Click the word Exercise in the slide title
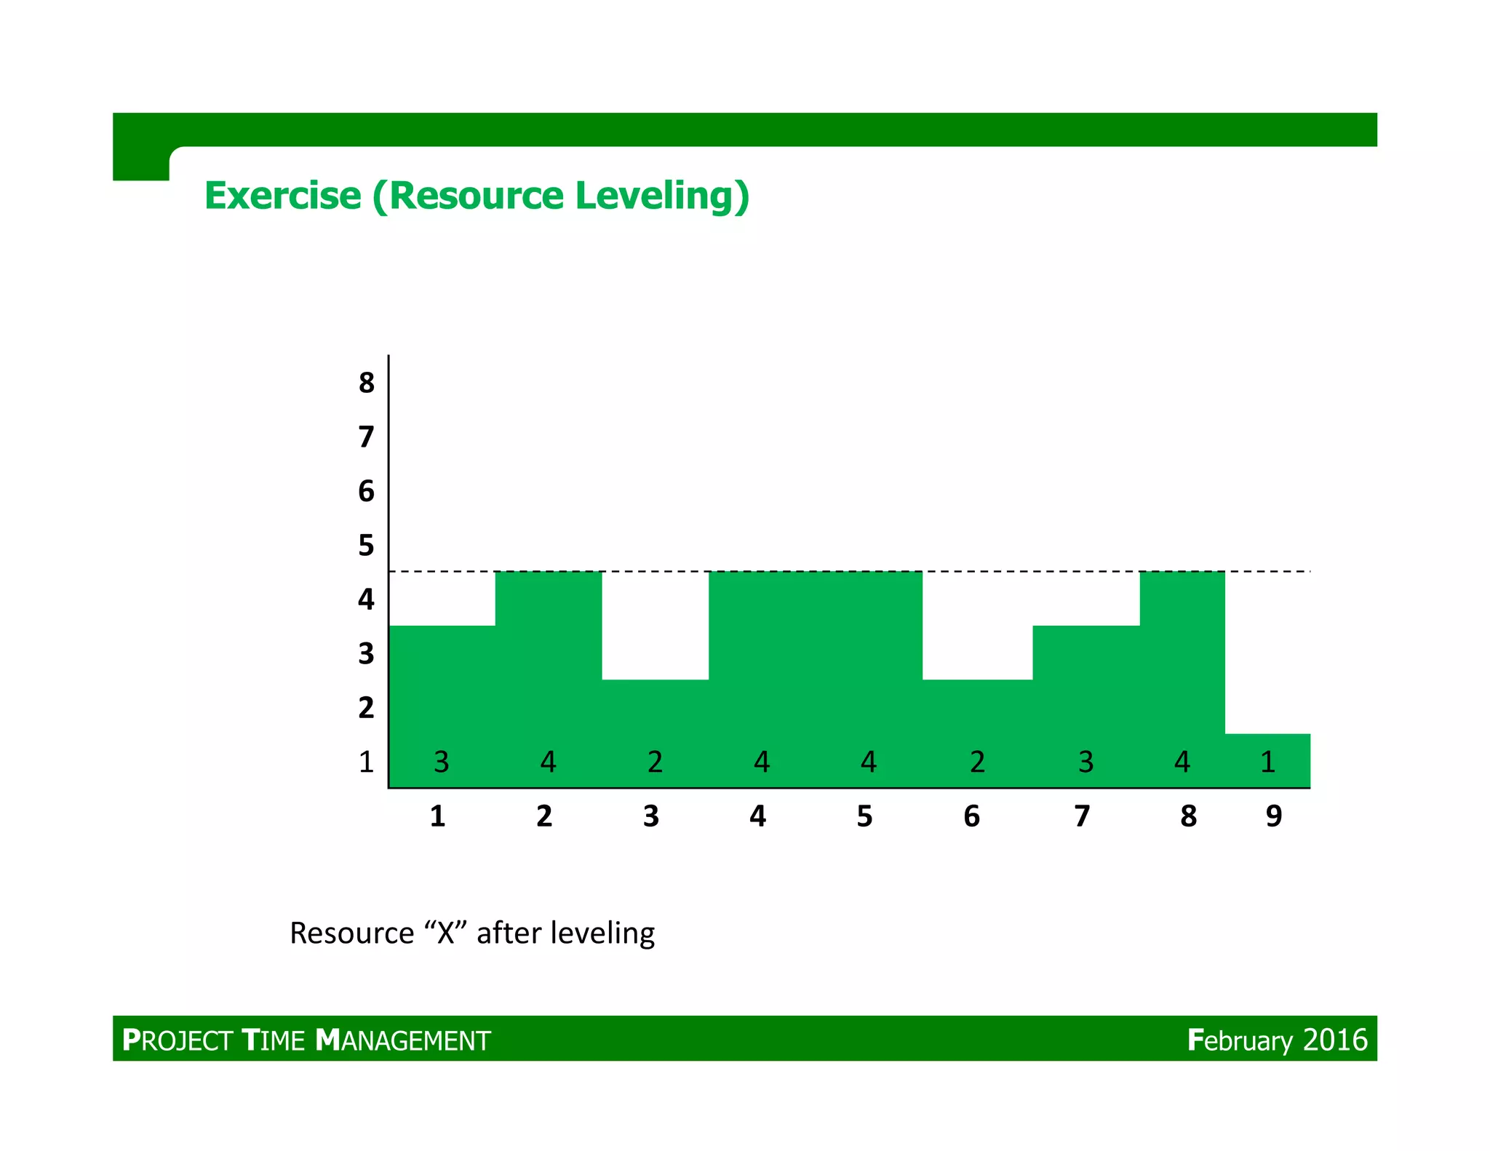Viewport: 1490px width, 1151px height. (282, 196)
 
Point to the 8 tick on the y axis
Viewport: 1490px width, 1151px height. (366, 383)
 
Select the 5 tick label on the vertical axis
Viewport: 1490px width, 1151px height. (366, 545)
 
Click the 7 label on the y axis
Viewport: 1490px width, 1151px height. (366, 437)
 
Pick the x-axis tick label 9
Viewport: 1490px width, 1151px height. (1273, 816)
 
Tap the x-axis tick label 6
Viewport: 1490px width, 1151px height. (971, 816)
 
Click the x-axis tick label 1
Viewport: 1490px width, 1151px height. (437, 816)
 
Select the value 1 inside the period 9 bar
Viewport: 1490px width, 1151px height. (1267, 762)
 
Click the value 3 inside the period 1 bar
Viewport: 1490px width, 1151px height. (441, 762)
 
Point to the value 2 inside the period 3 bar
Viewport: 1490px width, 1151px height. (655, 762)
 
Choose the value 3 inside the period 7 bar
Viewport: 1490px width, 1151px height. (1085, 762)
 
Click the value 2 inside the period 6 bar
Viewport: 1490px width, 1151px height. (977, 762)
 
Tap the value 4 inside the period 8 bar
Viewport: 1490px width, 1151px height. (1182, 762)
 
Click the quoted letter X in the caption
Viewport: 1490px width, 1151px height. (445, 933)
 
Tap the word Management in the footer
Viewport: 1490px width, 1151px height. (403, 1040)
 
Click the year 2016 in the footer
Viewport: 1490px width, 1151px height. (1335, 1040)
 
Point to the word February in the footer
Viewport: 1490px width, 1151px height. (1240, 1040)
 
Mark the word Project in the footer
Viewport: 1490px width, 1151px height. (177, 1040)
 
